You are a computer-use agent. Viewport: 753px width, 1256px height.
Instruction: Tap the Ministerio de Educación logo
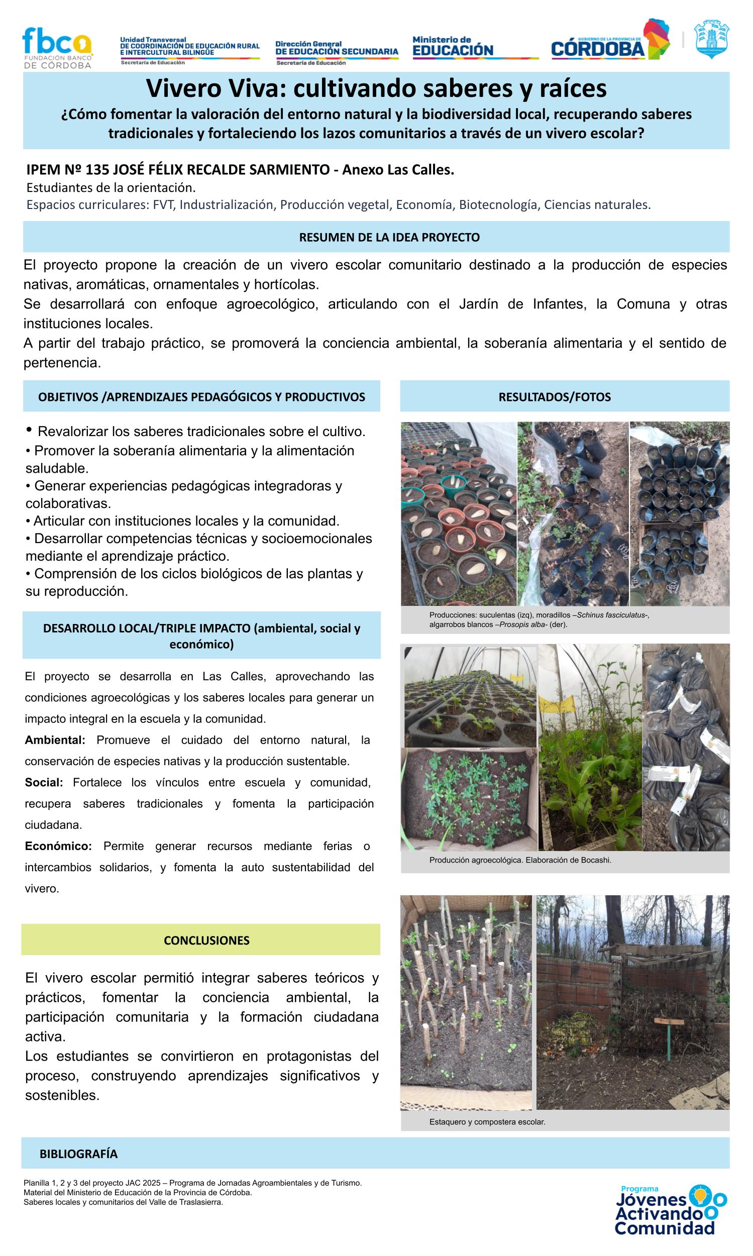pos(453,47)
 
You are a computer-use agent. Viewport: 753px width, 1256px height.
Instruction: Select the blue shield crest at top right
pos(711,39)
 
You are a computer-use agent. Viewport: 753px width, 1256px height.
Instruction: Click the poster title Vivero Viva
pos(376,89)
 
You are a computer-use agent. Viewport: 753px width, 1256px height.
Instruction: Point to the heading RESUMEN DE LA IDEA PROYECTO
pos(389,238)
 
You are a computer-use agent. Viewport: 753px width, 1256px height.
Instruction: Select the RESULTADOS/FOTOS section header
pos(554,397)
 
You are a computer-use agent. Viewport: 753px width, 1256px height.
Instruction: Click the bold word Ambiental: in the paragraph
pos(55,740)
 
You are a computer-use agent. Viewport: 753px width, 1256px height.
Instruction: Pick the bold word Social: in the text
pos(44,783)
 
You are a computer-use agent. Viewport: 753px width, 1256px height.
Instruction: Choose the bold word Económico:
pos(58,846)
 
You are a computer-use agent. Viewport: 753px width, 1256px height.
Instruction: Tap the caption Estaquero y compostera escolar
pos(487,1122)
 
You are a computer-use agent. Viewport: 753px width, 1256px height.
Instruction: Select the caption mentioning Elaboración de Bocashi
pos(520,860)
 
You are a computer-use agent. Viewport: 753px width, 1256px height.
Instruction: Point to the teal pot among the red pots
pos(453,484)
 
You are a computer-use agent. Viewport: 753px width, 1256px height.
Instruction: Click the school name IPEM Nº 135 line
pos(240,169)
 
